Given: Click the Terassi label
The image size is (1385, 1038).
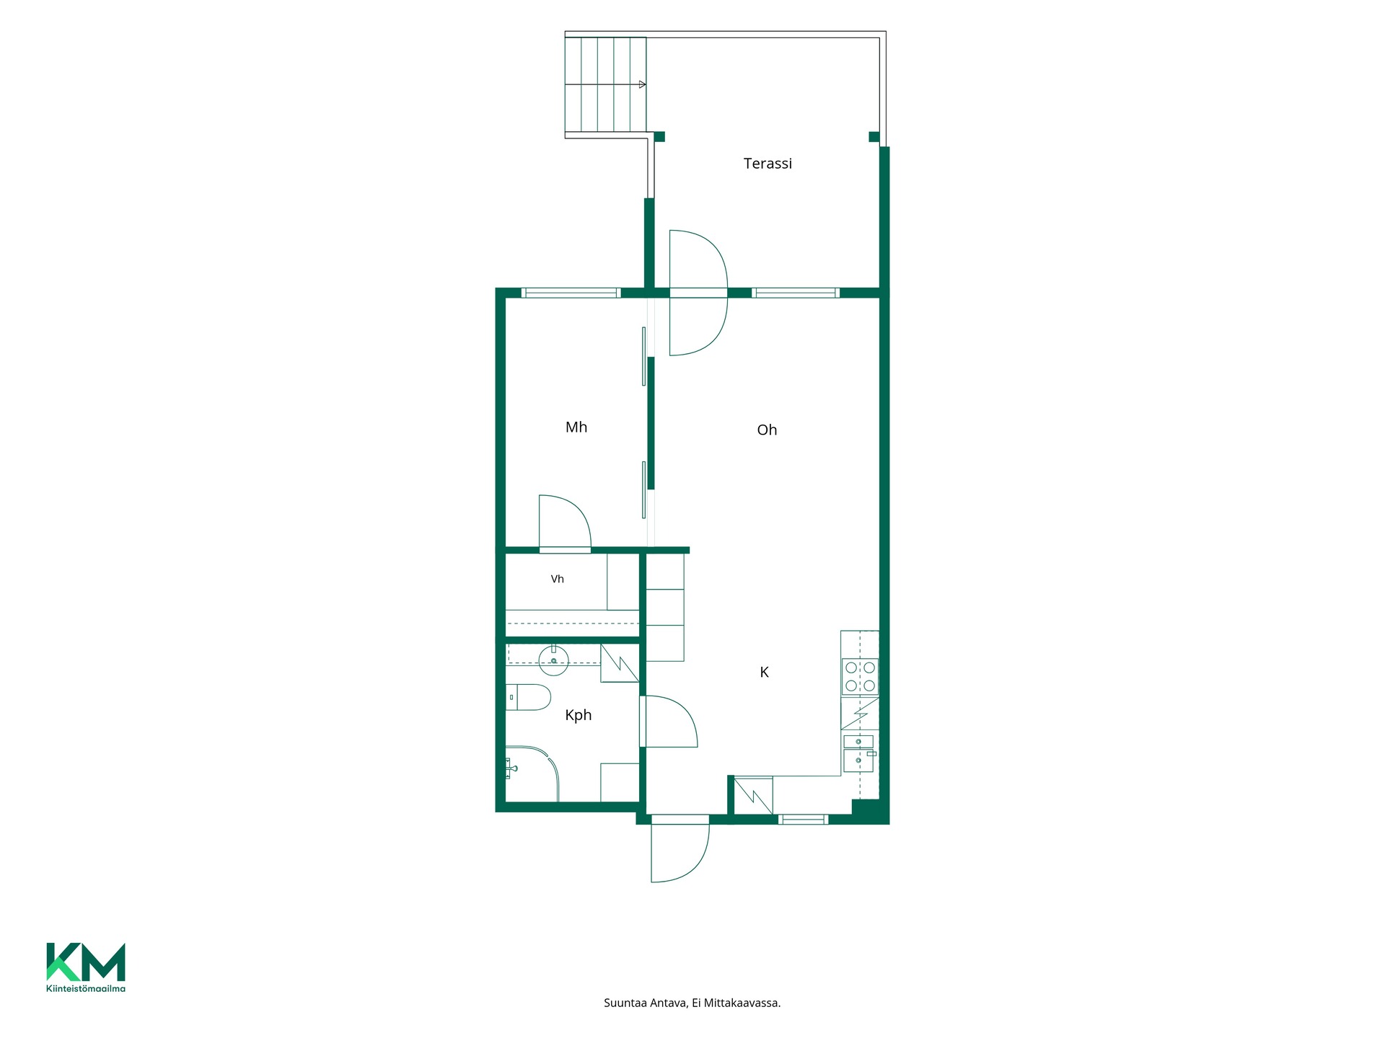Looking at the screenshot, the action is tap(768, 164).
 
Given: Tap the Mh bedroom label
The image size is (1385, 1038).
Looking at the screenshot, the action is tap(576, 427).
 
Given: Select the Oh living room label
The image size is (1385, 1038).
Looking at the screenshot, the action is tap(767, 430).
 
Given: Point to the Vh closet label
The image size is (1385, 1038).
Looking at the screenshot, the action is tap(557, 579).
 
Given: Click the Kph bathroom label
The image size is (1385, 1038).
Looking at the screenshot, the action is tap(578, 715).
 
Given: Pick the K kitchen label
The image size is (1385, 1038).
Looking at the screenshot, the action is tap(764, 673).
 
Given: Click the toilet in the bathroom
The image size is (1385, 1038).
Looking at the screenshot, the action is tap(528, 697).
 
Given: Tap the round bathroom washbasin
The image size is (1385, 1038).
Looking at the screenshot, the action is tap(553, 660).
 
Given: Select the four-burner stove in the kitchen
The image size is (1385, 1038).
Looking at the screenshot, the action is tap(860, 677).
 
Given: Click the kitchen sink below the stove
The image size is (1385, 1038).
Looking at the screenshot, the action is tap(858, 753).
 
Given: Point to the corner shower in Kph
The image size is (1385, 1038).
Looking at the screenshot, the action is tap(532, 773).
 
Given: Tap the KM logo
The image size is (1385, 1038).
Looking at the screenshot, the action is tap(86, 962).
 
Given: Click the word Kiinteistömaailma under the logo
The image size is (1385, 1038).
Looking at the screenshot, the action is tap(86, 989).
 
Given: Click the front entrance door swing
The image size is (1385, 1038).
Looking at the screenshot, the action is tap(680, 853).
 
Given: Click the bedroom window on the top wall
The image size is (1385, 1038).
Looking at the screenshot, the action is tap(571, 293).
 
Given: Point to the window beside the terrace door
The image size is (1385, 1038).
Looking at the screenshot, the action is tap(796, 293).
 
